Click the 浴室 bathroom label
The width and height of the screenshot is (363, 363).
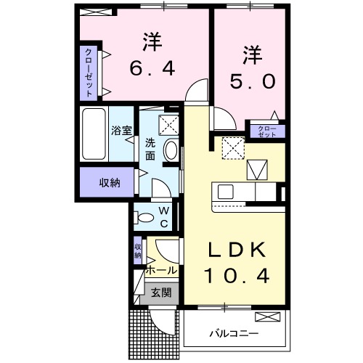tap(121, 131)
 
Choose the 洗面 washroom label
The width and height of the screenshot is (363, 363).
tap(150, 149)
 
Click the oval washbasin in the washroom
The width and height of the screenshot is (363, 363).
tap(171, 151)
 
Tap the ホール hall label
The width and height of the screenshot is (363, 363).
tap(161, 270)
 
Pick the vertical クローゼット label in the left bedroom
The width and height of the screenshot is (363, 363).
tap(89, 72)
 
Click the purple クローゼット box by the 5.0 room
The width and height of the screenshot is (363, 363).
tap(267, 131)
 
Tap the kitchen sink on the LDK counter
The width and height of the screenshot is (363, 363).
tap(224, 192)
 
